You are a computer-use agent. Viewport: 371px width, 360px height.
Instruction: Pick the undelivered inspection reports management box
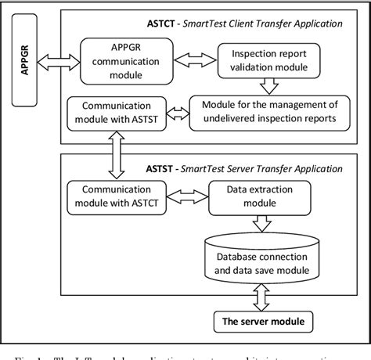tap(268, 112)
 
